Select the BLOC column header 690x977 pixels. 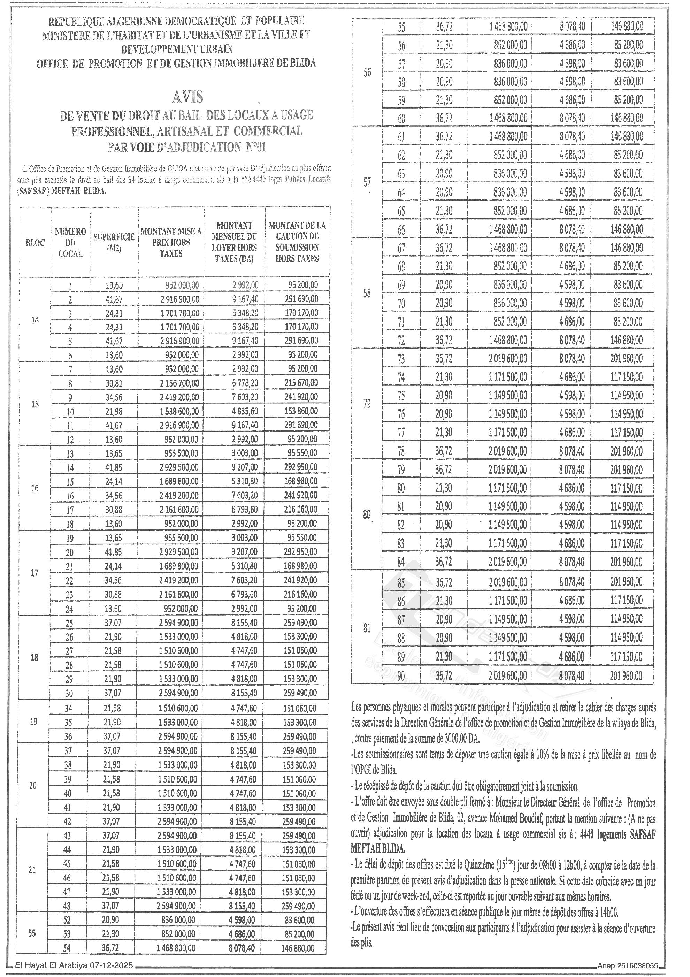[x=35, y=243]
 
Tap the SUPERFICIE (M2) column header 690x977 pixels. [x=114, y=243]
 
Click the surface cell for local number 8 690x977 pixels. [x=114, y=383]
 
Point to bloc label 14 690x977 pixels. [x=35, y=320]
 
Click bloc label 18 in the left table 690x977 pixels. [x=34, y=657]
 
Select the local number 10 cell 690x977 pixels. [x=70, y=412]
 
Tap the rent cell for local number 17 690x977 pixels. [x=245, y=509]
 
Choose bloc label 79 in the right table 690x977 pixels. [x=367, y=404]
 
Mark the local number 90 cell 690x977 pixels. [x=401, y=676]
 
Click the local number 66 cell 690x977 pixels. [x=401, y=230]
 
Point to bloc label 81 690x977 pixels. [x=367, y=628]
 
